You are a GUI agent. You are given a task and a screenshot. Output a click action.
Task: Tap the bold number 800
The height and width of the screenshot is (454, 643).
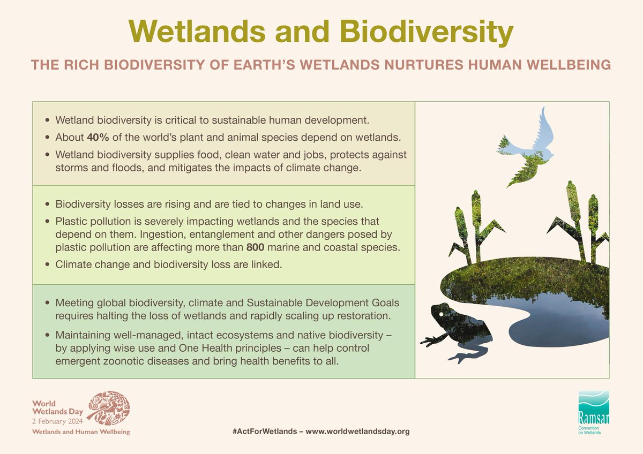[255, 248]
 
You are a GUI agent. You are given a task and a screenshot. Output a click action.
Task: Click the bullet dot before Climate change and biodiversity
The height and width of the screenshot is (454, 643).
[49, 264]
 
